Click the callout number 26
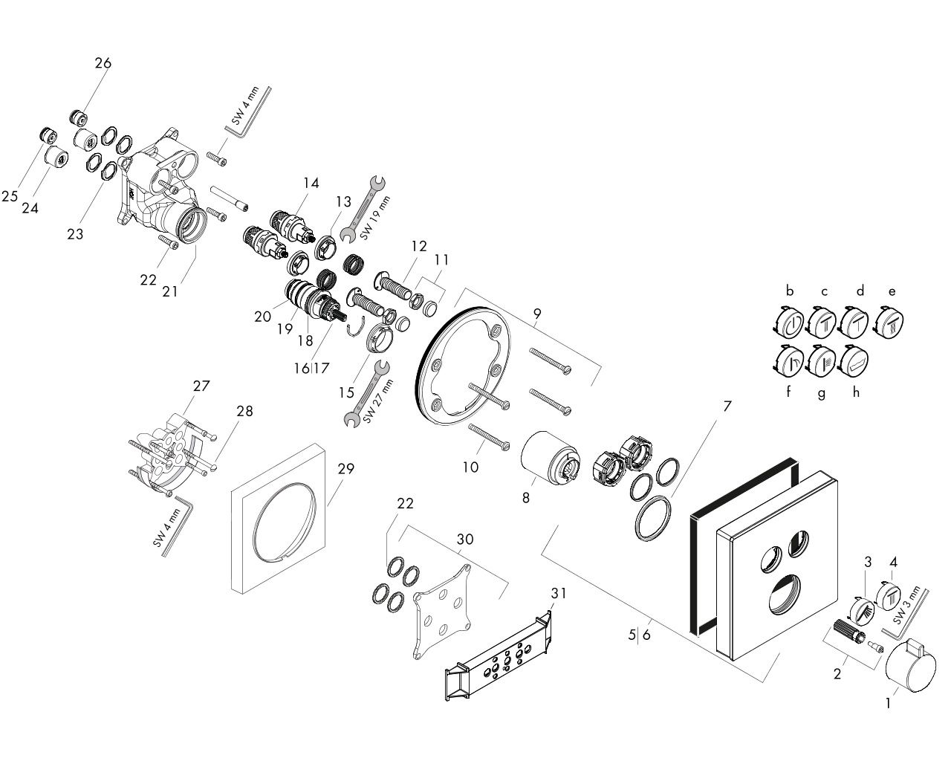103,63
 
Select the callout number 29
345,468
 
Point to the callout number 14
311,182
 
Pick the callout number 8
526,497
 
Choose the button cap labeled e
891,323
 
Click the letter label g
821,394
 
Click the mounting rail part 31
499,654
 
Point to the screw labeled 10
488,436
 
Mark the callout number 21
170,292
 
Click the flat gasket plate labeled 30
444,610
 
